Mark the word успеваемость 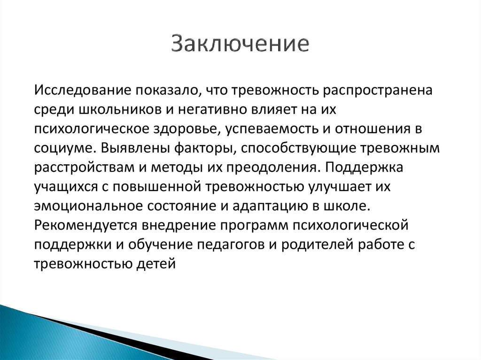tap(279, 129)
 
